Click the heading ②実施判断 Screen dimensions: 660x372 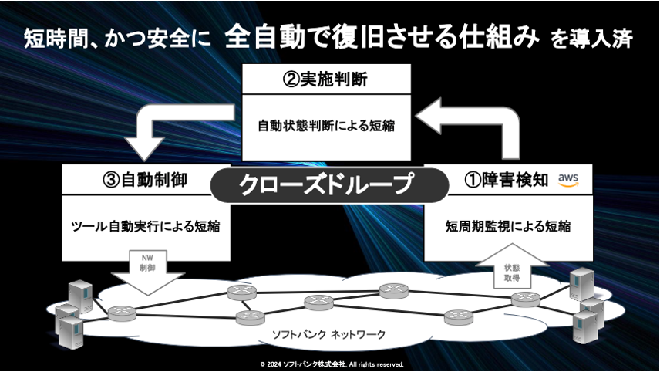(x=326, y=79)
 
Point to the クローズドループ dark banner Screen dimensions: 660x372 (x=329, y=184)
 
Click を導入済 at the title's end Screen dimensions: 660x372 (x=592, y=39)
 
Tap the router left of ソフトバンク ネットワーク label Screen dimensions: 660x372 (x=246, y=316)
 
